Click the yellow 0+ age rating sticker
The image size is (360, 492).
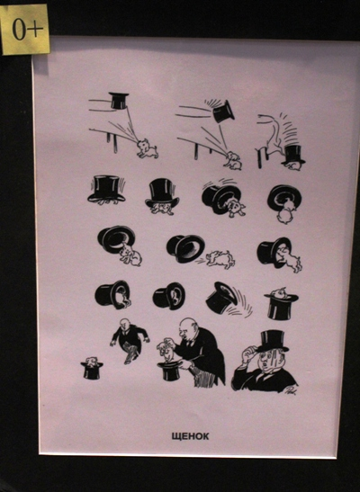pyautogui.click(x=25, y=29)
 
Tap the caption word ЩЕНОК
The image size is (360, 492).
pyautogui.click(x=190, y=436)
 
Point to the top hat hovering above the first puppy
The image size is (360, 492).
pyautogui.click(x=119, y=101)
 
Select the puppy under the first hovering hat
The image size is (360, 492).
pyautogui.click(x=147, y=148)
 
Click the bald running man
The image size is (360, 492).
pyautogui.click(x=130, y=341)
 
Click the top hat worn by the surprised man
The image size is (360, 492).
pyautogui.click(x=273, y=341)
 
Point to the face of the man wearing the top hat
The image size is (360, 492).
pyautogui.click(x=267, y=361)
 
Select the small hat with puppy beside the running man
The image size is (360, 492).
pyautogui.click(x=92, y=368)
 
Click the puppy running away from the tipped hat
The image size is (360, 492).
pyautogui.click(x=220, y=259)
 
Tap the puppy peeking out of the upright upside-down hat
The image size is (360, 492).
pyautogui.click(x=279, y=293)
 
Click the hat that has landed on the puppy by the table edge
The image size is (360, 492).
pyautogui.click(x=293, y=156)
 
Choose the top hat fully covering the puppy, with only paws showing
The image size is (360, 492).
pyautogui.click(x=106, y=188)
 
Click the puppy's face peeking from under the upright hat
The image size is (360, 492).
pyautogui.click(x=161, y=208)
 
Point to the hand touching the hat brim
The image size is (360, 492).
pyautogui.click(x=250, y=353)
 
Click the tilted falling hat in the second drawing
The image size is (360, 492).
pyautogui.click(x=223, y=112)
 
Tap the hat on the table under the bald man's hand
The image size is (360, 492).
pyautogui.click(x=170, y=371)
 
